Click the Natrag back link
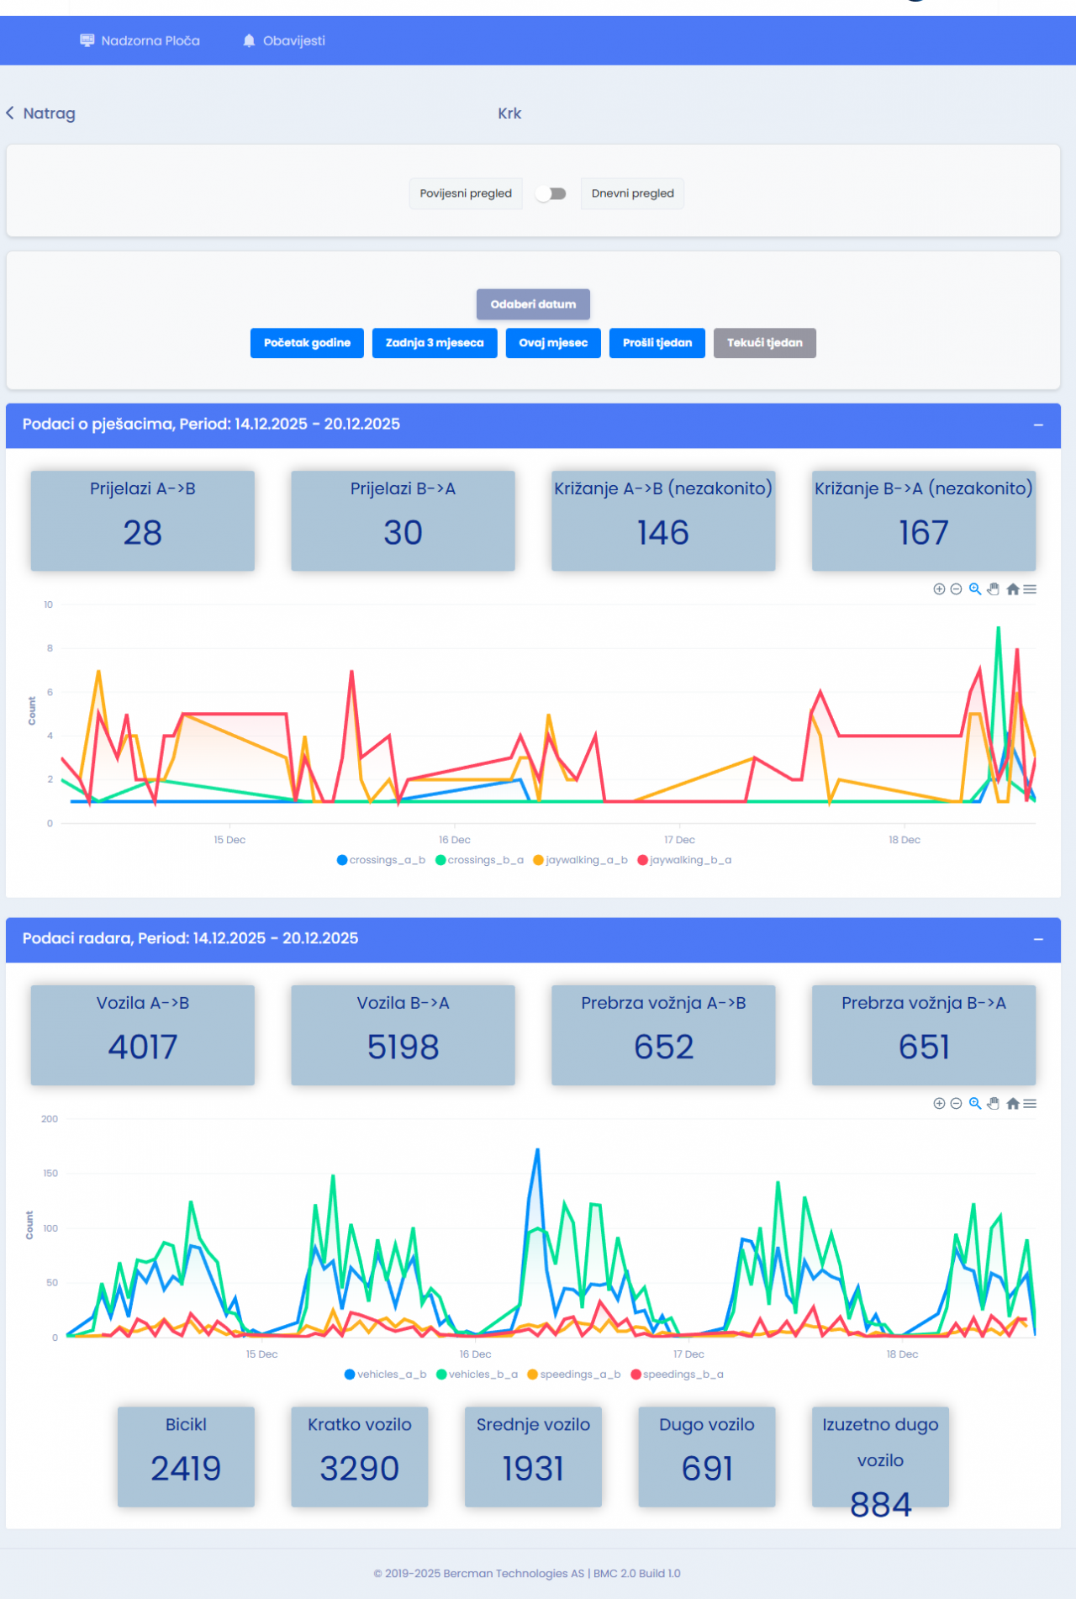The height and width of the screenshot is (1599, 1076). [41, 113]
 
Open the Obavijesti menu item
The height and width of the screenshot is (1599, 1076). [284, 40]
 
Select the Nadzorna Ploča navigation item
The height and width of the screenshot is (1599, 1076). [140, 40]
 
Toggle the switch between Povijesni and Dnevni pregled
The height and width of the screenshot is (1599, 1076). [551, 193]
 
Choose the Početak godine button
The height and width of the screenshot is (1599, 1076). [307, 343]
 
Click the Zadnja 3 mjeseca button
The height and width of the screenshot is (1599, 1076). [435, 343]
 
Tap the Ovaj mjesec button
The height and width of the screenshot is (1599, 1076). [553, 343]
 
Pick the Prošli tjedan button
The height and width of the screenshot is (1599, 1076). [657, 343]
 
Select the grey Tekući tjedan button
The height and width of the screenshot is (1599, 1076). [764, 343]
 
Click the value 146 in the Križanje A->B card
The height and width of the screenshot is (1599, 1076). [663, 533]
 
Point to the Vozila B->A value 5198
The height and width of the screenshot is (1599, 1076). [403, 1048]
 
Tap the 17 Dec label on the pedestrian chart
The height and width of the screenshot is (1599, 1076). [679, 840]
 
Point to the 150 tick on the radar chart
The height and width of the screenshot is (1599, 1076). [50, 1174]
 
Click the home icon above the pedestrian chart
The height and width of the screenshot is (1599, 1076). [1013, 589]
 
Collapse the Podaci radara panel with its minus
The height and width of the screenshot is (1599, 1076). [1038, 939]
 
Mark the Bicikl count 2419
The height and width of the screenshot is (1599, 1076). [186, 1470]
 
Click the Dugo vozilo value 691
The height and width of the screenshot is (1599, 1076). [707, 1470]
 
